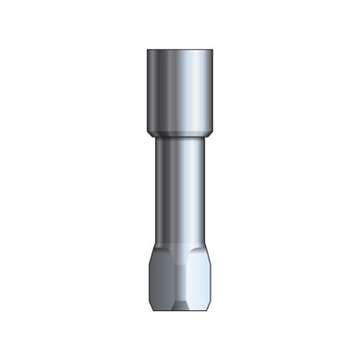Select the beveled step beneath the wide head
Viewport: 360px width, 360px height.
180,135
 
